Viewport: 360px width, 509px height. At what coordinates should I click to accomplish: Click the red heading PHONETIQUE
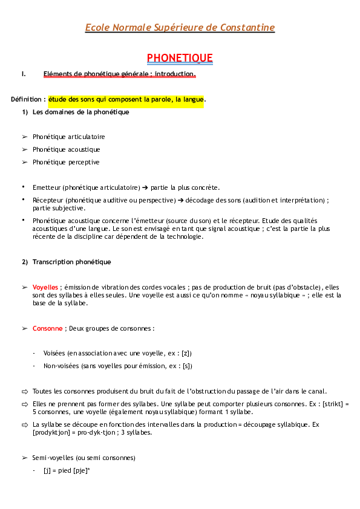coord(180,57)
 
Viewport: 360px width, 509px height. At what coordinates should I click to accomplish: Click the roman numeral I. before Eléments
coord(24,74)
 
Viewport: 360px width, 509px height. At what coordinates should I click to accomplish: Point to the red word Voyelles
coord(45,287)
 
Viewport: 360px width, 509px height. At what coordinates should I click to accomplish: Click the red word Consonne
coord(48,328)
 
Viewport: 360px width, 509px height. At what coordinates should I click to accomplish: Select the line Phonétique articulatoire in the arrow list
coord(68,137)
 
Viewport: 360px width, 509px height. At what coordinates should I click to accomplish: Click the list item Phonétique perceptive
coord(66,162)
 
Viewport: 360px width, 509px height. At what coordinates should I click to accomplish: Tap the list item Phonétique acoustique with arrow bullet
coord(66,149)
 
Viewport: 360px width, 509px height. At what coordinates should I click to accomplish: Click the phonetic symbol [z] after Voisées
coord(188,353)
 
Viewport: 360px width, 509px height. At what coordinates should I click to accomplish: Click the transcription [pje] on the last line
coord(81,470)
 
